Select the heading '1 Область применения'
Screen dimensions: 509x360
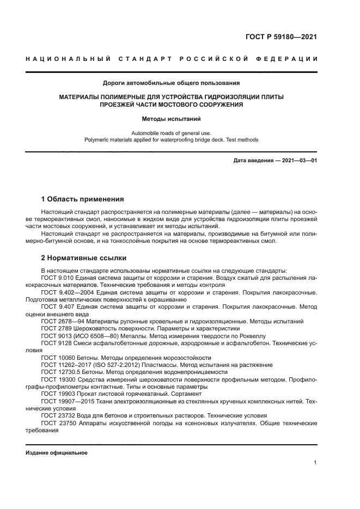pyautogui.click(x=82, y=199)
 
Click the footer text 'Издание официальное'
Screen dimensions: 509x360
pyautogui.click(x=57, y=452)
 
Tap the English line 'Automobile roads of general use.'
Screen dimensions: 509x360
pyautogui.click(x=171, y=133)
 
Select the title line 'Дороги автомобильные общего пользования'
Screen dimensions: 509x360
pyautogui.click(x=171, y=83)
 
